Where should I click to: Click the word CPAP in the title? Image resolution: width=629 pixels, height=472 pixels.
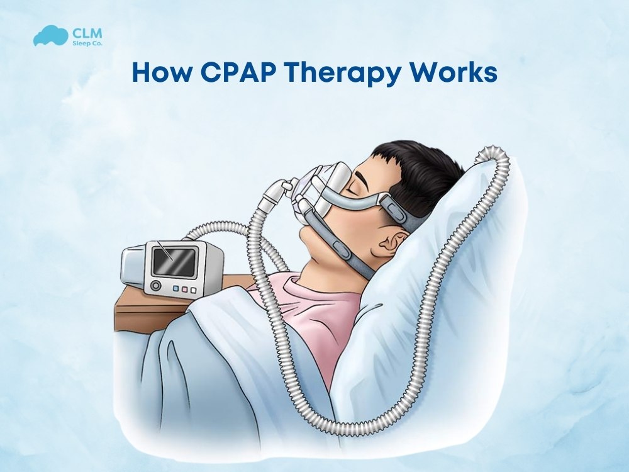pos(235,73)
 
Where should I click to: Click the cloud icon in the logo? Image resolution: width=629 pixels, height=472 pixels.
pos(48,36)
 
